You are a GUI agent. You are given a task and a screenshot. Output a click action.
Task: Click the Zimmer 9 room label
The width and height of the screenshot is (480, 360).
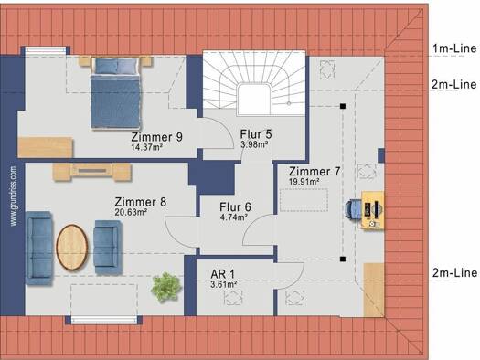coord(156,137)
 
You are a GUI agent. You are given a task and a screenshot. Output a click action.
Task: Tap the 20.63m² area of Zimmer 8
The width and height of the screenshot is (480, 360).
coord(131,212)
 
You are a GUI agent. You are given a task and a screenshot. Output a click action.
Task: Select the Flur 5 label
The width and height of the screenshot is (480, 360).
coord(256,134)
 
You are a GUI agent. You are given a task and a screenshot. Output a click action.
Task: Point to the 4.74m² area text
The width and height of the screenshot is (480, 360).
coord(233,217)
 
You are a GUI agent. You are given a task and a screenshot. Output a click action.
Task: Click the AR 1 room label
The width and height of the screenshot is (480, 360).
coord(222,274)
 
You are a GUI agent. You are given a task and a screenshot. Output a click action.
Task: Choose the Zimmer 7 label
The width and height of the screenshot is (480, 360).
coord(315,171)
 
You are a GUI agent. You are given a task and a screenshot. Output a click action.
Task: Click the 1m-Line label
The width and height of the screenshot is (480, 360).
coord(454,48)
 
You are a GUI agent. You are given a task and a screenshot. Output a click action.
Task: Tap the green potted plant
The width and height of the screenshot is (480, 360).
coord(165,287)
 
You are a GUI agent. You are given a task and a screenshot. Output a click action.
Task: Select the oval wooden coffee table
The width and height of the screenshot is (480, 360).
coord(72,247)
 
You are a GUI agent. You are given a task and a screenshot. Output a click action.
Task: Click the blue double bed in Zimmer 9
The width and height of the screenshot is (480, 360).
coord(116,93)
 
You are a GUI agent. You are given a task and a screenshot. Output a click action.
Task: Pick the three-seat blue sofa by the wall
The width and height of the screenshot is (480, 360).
coord(39,248)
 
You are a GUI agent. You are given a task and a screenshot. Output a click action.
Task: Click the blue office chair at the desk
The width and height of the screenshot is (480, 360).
coord(353,209)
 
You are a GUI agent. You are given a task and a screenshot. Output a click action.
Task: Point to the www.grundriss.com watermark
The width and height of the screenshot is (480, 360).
coord(14,196)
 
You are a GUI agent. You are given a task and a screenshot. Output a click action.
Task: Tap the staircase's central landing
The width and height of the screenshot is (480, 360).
coord(254,99)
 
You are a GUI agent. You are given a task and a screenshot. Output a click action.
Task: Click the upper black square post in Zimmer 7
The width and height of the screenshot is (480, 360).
coord(343,106)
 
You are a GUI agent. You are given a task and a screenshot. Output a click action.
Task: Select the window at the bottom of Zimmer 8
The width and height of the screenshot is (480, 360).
coord(104,320)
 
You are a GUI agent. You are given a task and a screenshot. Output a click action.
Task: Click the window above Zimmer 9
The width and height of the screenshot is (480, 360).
coord(46,50)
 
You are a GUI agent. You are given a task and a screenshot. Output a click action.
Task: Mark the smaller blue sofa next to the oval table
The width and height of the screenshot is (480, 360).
coord(107,247)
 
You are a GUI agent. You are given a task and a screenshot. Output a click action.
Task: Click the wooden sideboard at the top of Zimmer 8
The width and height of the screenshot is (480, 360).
coord(92,172)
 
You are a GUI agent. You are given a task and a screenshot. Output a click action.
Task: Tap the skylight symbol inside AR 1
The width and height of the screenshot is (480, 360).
coord(233,298)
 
